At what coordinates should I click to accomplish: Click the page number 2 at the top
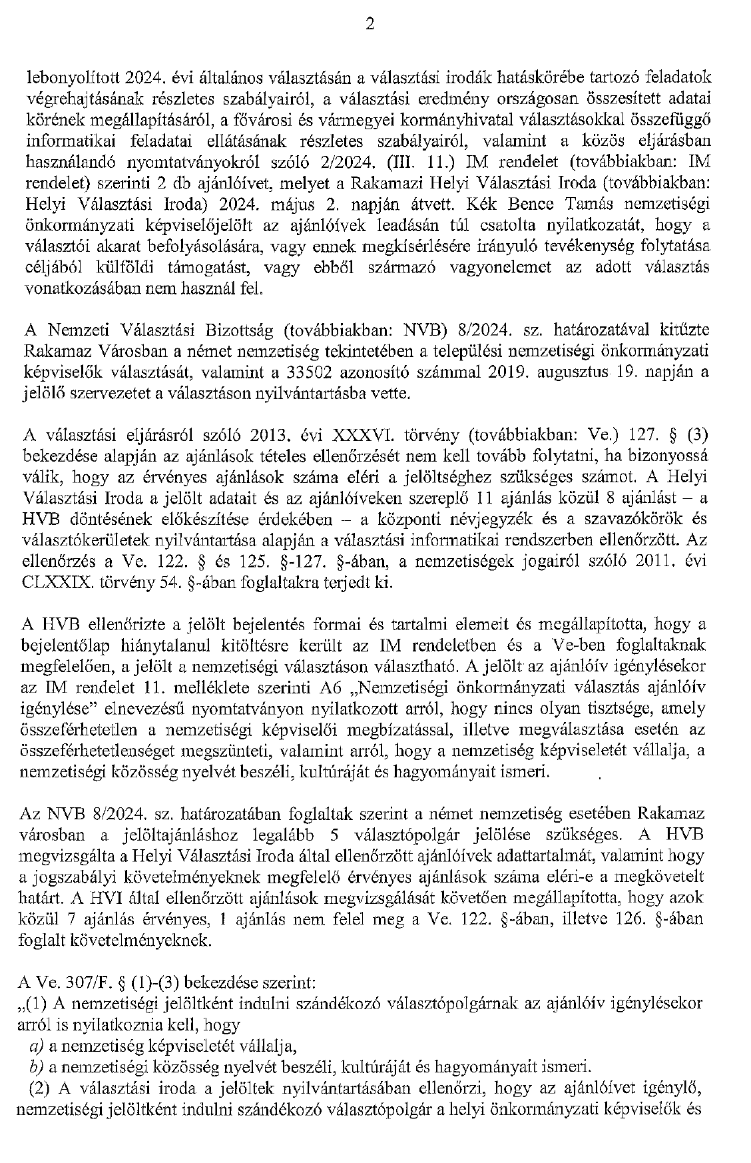pos(370,25)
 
